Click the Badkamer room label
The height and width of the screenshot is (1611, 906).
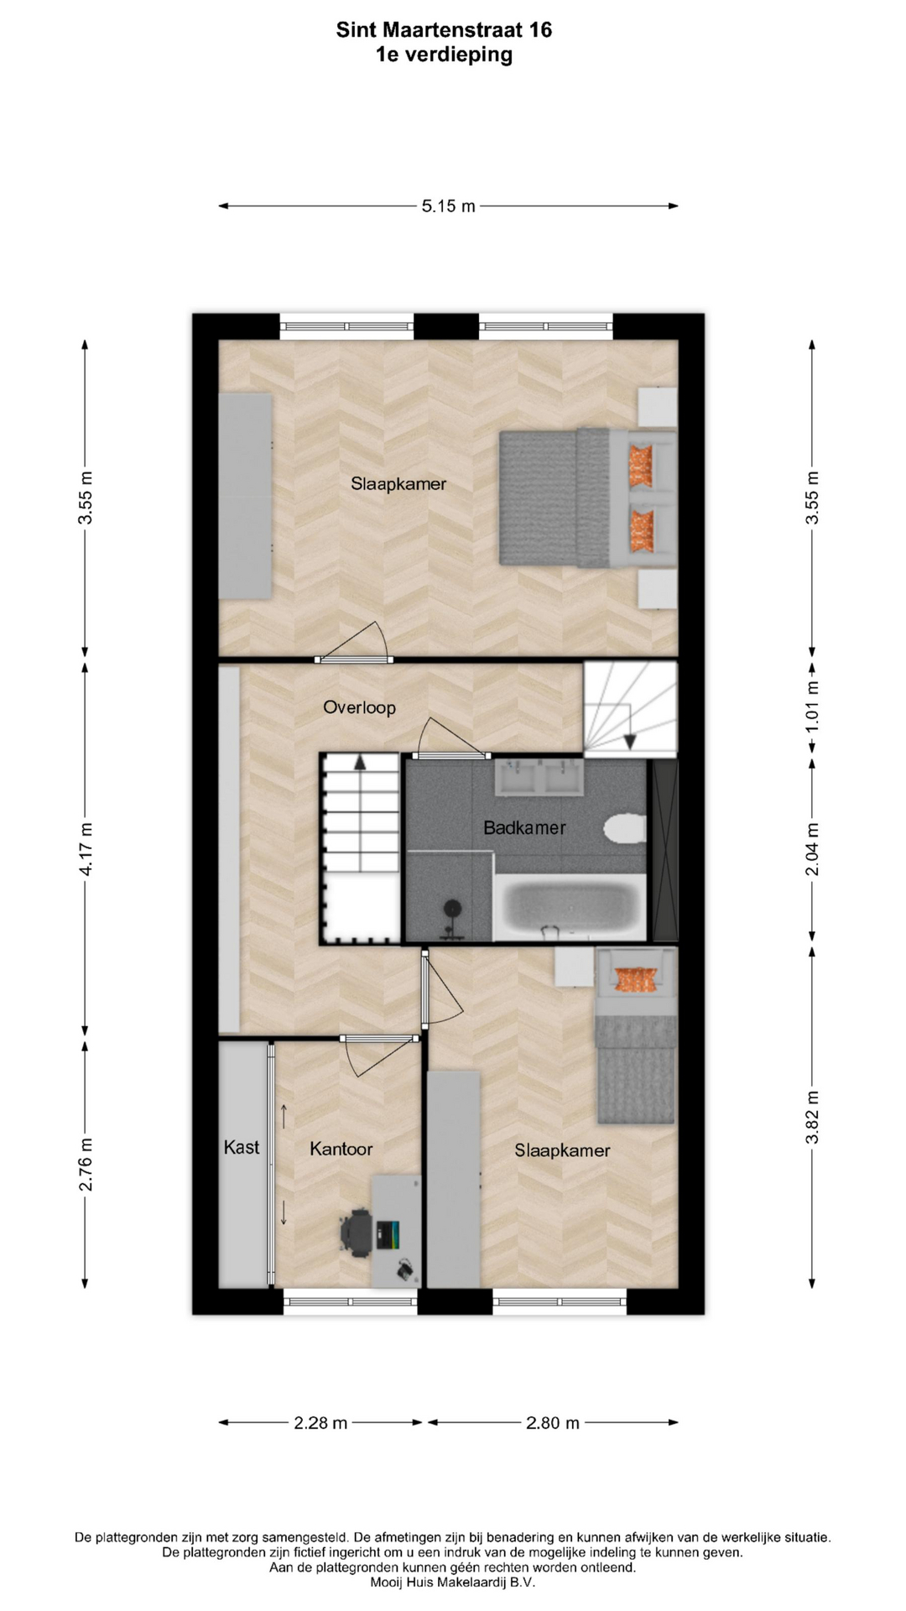point(524,828)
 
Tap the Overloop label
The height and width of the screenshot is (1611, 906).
point(359,707)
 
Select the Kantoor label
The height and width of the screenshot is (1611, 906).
point(341,1149)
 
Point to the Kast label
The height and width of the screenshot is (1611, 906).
point(242,1147)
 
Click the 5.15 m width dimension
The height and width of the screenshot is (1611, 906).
point(448,206)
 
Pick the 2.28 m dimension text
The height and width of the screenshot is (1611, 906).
point(320,1422)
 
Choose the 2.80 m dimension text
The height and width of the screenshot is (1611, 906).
point(553,1422)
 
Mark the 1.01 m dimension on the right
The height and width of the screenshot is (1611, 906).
point(812,706)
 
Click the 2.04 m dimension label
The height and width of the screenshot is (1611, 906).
point(812,849)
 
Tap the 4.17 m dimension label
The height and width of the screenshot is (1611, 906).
point(86,849)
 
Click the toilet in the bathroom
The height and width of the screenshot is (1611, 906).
point(625,829)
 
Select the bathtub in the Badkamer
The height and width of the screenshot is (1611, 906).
point(570,907)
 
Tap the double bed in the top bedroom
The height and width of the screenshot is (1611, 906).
point(587,497)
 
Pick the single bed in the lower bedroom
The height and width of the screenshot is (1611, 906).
point(635,1035)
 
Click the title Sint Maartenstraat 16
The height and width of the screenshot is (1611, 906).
point(444,30)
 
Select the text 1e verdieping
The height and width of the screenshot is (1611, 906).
point(444,55)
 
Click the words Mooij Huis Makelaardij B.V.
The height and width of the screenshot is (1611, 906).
point(452,1582)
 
